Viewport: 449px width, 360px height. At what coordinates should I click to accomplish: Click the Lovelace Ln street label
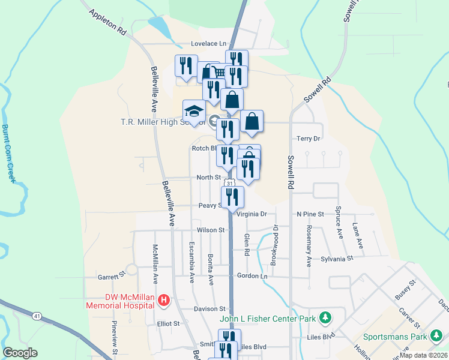[208, 44]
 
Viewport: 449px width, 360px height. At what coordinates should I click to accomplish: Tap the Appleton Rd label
[108, 23]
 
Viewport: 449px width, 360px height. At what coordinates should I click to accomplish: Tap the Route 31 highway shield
[230, 183]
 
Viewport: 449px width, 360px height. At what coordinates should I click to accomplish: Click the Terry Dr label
[309, 139]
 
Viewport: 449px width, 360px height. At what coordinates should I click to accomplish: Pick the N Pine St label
[310, 214]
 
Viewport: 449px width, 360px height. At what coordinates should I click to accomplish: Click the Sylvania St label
[337, 258]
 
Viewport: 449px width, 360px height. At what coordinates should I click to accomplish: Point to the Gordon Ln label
[252, 275]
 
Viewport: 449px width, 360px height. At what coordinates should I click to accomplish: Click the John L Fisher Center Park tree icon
[325, 317]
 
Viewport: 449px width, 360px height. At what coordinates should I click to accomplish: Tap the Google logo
[20, 352]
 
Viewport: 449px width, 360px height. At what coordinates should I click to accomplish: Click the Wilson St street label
[210, 230]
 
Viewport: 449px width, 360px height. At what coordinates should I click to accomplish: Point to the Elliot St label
[168, 323]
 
